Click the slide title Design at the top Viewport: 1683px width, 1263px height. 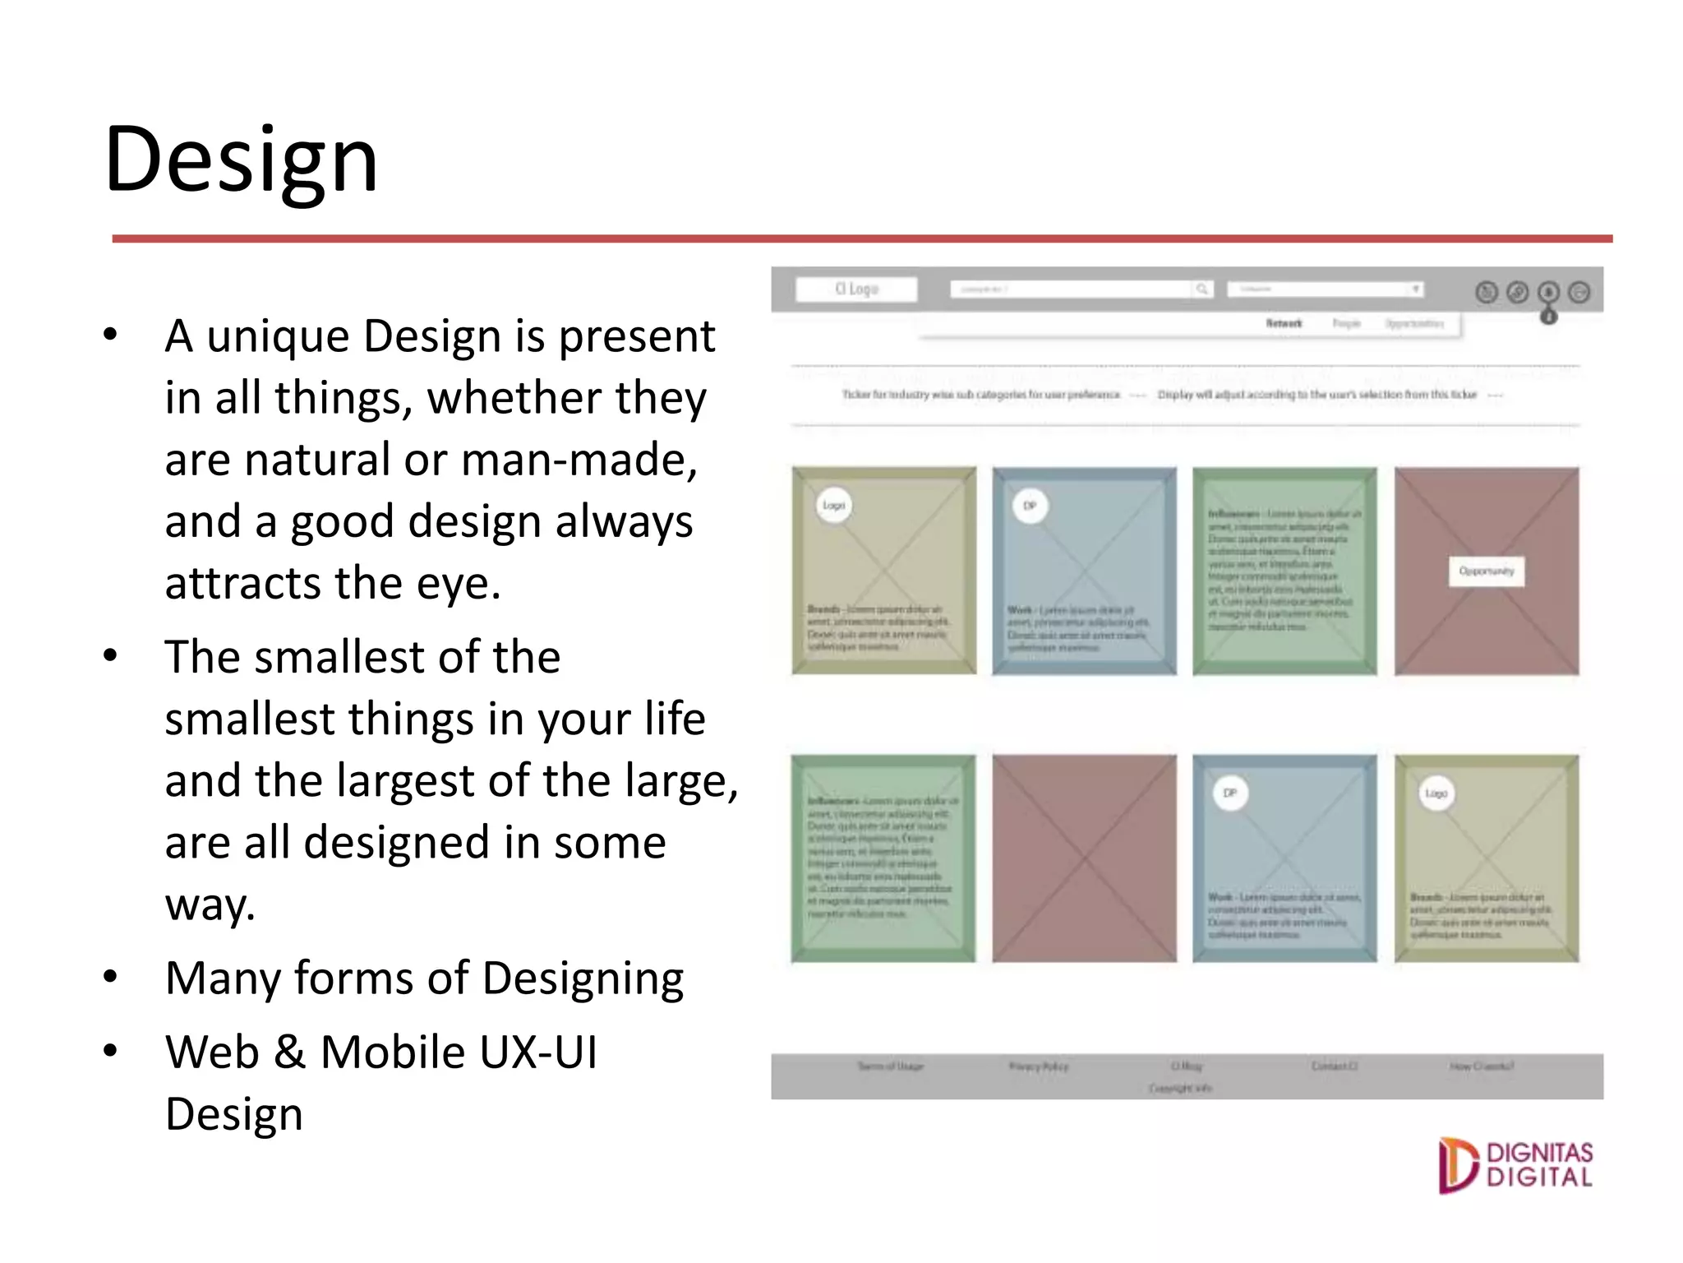[x=241, y=160]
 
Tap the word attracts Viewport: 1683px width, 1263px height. [x=243, y=584]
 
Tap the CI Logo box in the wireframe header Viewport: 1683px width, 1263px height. [x=856, y=289]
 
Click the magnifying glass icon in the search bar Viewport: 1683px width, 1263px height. [x=1202, y=289]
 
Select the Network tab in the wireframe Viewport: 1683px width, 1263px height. [x=1284, y=324]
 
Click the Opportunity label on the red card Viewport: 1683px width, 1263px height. [x=1486, y=571]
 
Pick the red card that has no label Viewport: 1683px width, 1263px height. [x=1084, y=858]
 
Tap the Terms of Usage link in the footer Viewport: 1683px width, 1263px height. [x=890, y=1066]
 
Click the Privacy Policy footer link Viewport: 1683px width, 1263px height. [x=1039, y=1066]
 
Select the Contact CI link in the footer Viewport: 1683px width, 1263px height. [x=1334, y=1066]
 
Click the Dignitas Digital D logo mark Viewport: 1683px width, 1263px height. [x=1457, y=1165]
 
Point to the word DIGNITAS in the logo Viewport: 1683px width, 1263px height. [x=1539, y=1153]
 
